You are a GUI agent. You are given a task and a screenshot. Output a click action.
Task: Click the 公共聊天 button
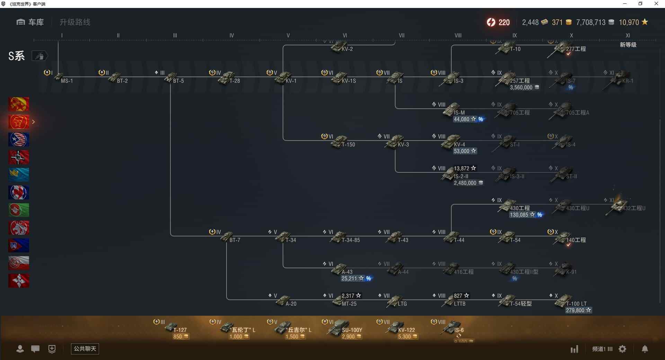(85, 349)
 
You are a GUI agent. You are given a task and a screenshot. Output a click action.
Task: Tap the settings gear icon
(622, 349)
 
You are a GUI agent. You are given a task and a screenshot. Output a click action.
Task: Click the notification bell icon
(645, 349)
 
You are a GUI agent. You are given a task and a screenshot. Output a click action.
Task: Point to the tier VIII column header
(458, 36)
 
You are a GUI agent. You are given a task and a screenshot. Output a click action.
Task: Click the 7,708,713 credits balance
(591, 22)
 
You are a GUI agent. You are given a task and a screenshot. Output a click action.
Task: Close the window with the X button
(656, 4)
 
